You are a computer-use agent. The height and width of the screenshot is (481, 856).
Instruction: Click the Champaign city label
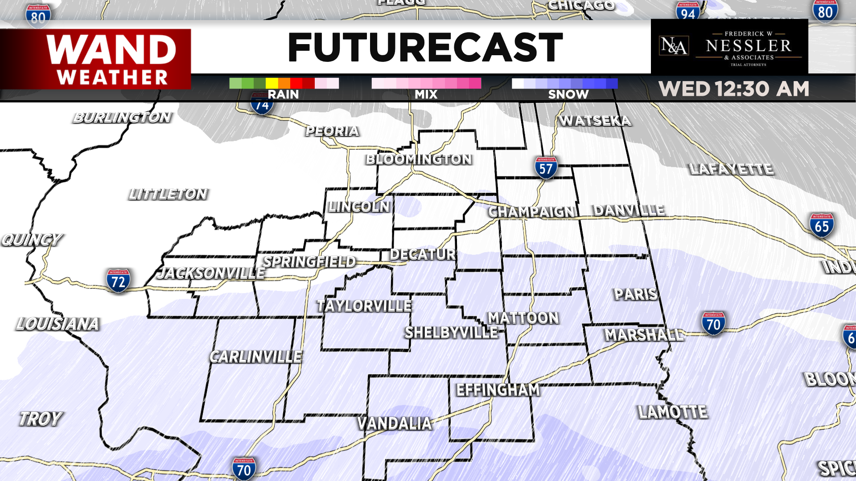click(x=531, y=212)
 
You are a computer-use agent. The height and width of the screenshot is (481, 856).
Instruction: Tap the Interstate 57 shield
click(x=546, y=168)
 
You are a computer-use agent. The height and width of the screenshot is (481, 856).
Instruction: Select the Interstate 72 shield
click(x=118, y=281)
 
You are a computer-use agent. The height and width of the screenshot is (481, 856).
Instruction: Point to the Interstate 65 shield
click(x=821, y=226)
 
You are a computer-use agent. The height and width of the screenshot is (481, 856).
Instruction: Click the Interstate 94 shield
click(x=687, y=12)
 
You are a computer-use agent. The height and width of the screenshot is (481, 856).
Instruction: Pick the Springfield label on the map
click(x=309, y=261)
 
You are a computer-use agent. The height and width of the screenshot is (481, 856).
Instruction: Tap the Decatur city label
click(x=423, y=254)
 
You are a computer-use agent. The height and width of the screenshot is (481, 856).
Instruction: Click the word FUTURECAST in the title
click(x=425, y=47)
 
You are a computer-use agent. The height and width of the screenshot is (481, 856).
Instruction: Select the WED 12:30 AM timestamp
click(x=734, y=89)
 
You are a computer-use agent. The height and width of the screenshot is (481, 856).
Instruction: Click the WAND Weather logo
click(x=111, y=59)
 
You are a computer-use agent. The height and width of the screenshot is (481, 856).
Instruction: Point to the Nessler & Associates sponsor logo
click(x=729, y=47)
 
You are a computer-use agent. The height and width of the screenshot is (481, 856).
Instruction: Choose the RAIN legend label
click(x=283, y=94)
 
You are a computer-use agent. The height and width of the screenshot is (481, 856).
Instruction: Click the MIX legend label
click(x=426, y=94)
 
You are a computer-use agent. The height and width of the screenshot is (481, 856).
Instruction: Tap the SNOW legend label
click(x=568, y=94)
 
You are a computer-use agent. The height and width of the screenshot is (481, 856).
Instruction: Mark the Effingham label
click(x=498, y=390)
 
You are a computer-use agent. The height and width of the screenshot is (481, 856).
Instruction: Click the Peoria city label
click(x=332, y=131)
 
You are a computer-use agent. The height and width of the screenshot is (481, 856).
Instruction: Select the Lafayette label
click(x=731, y=169)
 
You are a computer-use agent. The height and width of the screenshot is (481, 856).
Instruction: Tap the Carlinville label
click(x=256, y=357)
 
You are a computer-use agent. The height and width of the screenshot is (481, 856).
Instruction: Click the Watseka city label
click(x=595, y=121)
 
